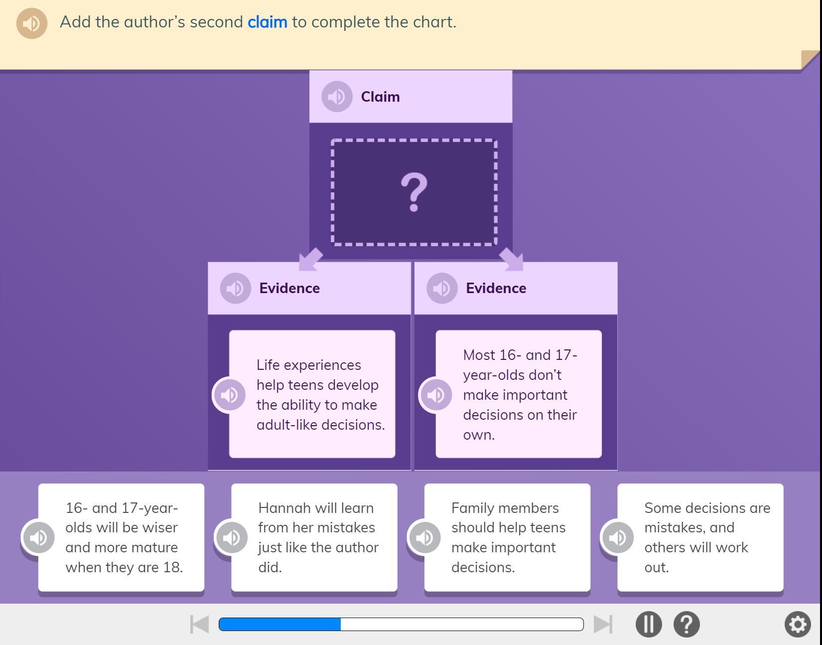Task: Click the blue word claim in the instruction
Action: click(267, 22)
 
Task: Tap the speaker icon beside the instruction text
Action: click(31, 23)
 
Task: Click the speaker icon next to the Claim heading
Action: click(337, 97)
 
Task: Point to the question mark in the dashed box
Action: click(413, 192)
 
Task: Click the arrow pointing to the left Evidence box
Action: click(310, 259)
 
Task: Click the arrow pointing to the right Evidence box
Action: click(512, 259)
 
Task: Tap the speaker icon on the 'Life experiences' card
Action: click(229, 395)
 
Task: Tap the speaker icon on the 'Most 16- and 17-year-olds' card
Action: click(436, 395)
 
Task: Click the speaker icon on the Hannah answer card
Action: click(231, 537)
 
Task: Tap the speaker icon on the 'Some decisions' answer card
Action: click(617, 537)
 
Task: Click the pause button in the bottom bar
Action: click(649, 624)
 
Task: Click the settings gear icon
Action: click(798, 624)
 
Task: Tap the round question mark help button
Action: click(686, 624)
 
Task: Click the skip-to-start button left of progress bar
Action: click(200, 624)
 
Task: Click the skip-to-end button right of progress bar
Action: click(603, 624)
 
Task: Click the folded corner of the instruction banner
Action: click(810, 60)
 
